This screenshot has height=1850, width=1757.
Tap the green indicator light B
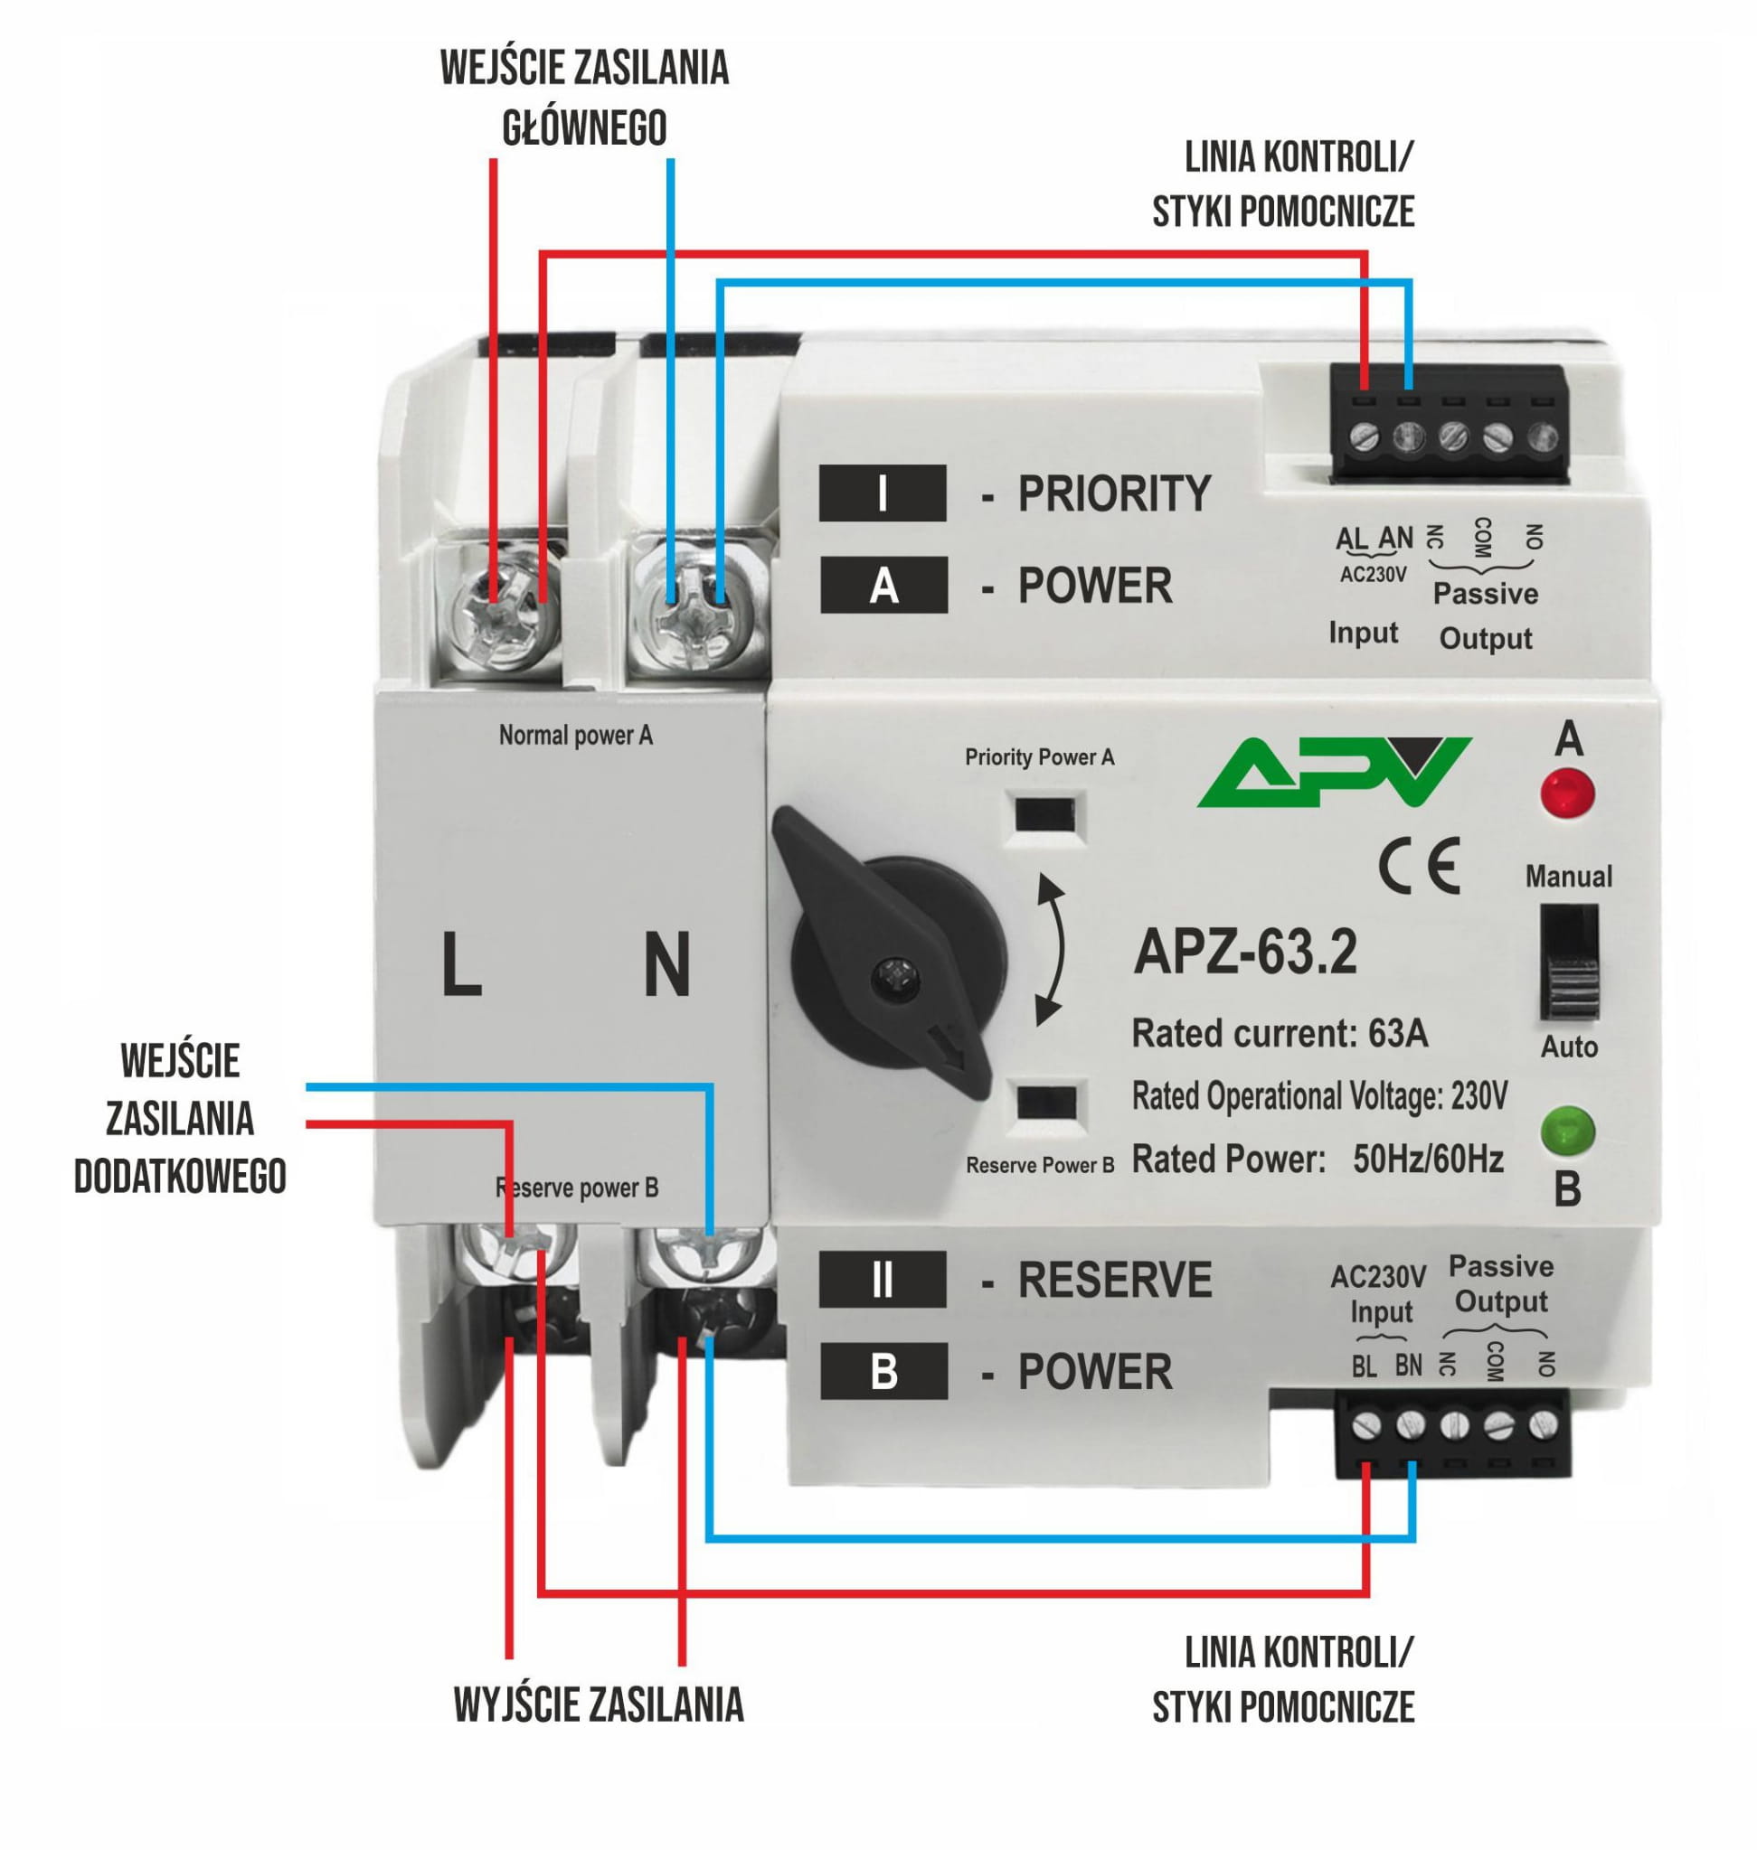1567,1130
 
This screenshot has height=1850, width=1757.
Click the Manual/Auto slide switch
1569,961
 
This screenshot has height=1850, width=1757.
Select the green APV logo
1334,772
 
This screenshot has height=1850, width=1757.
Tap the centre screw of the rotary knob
896,976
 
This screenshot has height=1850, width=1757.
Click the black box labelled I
883,493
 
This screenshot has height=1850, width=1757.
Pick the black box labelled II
883,1280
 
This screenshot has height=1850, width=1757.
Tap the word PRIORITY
1114,493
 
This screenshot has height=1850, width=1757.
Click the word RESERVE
1114,1280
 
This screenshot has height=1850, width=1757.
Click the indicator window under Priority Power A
1047,814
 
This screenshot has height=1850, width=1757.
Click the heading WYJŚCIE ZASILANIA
599,1704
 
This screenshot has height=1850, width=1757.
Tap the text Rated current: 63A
1280,1034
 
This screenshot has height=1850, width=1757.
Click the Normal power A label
575,736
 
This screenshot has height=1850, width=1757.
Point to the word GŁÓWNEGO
584,128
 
